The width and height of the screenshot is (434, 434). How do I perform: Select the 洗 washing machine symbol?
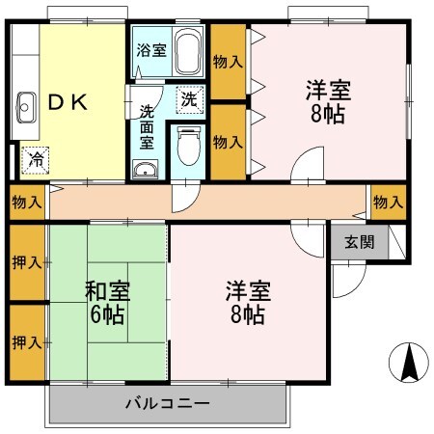pyautogui.click(x=190, y=98)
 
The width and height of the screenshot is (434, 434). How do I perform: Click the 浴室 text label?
pyautogui.click(x=151, y=50)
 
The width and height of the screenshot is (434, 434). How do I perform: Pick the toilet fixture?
pyautogui.click(x=187, y=147)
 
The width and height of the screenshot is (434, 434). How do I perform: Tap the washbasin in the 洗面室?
pyautogui.click(x=145, y=171)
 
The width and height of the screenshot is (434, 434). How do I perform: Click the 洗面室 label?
pyautogui.click(x=147, y=125)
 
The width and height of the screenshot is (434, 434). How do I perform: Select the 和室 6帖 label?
pyautogui.click(x=107, y=302)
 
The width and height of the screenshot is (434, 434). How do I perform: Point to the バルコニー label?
pyautogui.click(x=167, y=402)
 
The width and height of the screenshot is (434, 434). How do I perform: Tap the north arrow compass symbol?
pyautogui.click(x=408, y=363)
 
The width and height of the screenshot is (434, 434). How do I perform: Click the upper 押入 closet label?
pyautogui.click(x=26, y=262)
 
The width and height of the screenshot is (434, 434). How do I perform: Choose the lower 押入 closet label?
pyautogui.click(x=26, y=341)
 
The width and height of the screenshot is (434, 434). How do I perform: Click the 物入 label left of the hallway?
pyautogui.click(x=26, y=203)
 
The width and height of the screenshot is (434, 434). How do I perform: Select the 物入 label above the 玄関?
pyautogui.click(x=388, y=203)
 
